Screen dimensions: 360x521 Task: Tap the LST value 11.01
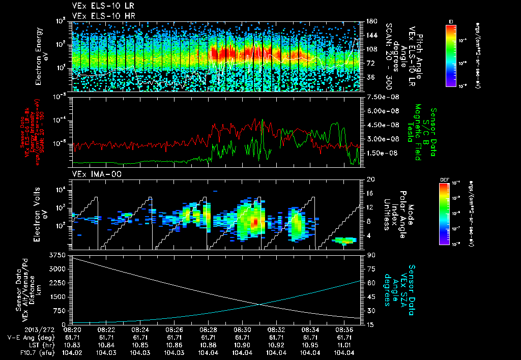pos(344,345)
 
